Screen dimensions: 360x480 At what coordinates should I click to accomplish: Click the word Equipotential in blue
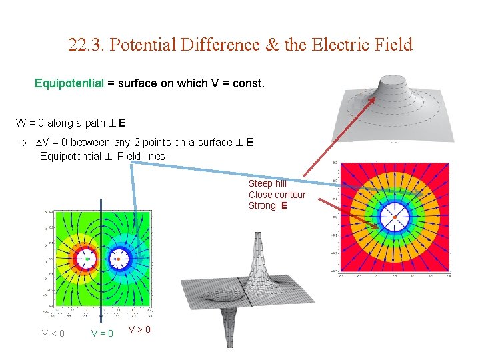pyautogui.click(x=69, y=85)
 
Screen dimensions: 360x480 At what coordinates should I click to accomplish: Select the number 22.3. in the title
pyautogui.click(x=87, y=45)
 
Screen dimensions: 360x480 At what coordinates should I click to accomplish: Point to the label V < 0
pyautogui.click(x=53, y=333)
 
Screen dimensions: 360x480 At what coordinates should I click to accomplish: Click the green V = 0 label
pyautogui.click(x=102, y=333)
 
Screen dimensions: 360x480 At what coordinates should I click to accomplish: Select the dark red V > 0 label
pyautogui.click(x=140, y=329)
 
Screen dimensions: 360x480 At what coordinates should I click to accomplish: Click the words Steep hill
pyautogui.click(x=267, y=183)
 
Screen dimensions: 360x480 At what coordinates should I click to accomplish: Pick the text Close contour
pyautogui.click(x=277, y=195)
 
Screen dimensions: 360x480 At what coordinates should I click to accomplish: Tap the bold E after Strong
pyautogui.click(x=285, y=206)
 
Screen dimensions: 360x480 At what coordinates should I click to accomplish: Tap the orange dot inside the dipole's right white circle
pyautogui.click(x=119, y=257)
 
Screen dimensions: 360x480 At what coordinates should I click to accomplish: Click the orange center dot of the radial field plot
pyautogui.click(x=395, y=217)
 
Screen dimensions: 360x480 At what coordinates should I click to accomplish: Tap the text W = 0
pyautogui.click(x=30, y=123)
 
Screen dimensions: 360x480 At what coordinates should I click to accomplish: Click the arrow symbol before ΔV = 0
pyautogui.click(x=20, y=143)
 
